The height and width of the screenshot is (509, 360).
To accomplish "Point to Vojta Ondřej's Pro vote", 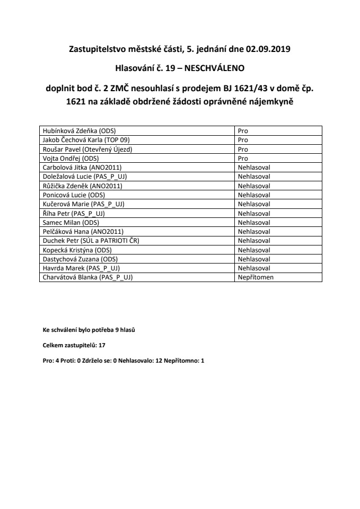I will click(x=243, y=158).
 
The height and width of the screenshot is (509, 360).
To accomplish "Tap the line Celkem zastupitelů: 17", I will click(x=74, y=345).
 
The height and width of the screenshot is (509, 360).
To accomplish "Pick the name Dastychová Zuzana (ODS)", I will click(x=80, y=259).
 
